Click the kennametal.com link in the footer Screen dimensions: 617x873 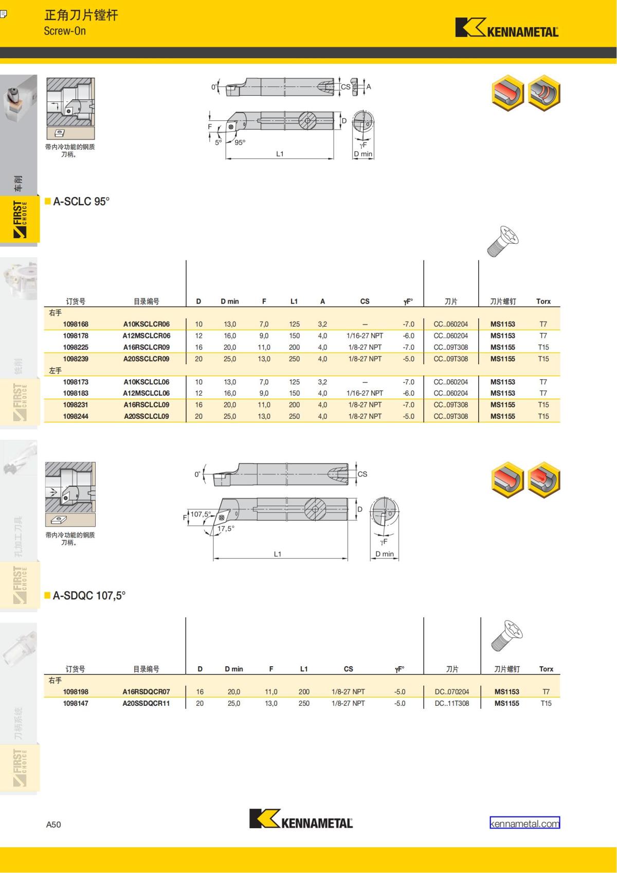(x=524, y=824)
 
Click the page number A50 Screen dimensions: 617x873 (x=53, y=824)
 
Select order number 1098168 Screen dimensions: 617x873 (x=76, y=324)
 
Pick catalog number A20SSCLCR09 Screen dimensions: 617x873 (x=147, y=359)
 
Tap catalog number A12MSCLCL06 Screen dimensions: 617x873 (x=147, y=393)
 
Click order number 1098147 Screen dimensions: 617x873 (x=76, y=703)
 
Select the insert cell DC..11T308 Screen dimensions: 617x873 (x=452, y=703)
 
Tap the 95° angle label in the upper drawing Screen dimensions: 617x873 (x=240, y=142)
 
